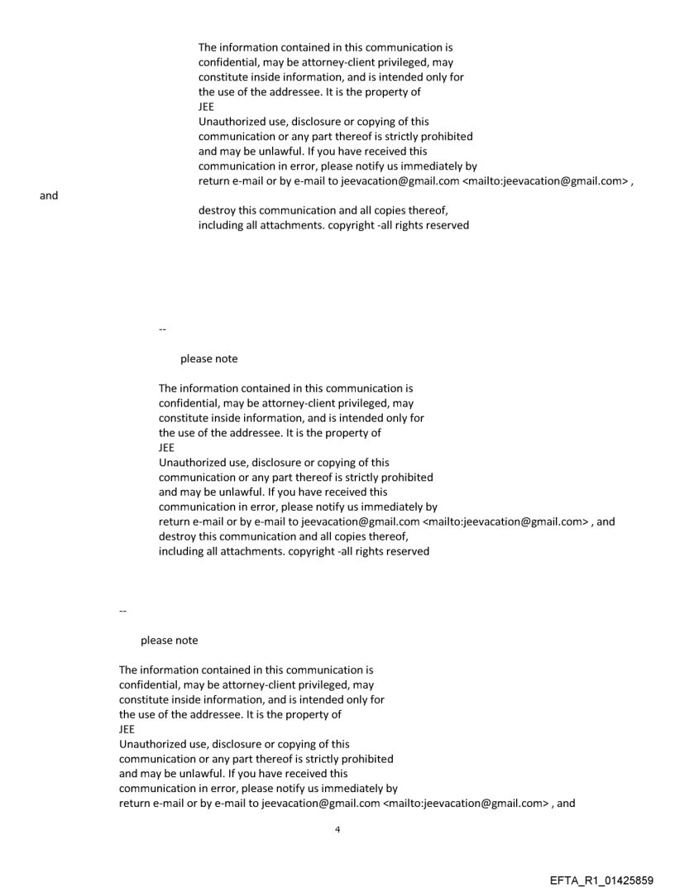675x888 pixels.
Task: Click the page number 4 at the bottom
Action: (x=337, y=829)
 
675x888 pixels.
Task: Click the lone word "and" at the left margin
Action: (x=49, y=196)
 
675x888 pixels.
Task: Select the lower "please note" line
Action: (x=169, y=641)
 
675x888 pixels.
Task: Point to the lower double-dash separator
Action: (x=122, y=612)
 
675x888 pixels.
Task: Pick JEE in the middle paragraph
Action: (x=166, y=448)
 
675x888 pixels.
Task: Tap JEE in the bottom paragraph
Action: (x=127, y=729)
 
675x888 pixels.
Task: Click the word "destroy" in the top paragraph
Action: (x=217, y=210)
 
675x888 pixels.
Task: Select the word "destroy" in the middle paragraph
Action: (x=177, y=536)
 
